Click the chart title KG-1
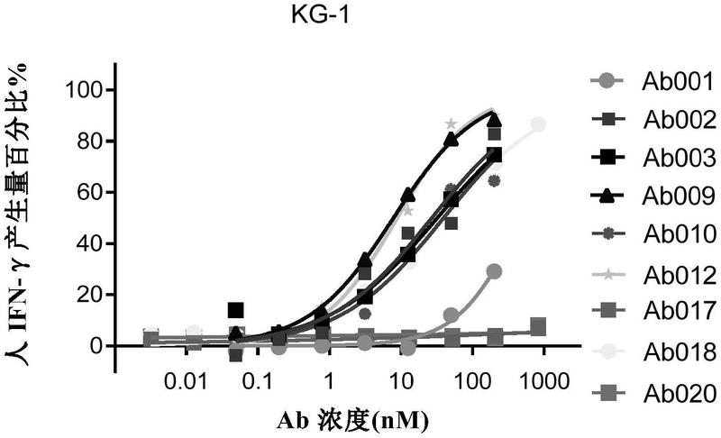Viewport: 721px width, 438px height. [320, 15]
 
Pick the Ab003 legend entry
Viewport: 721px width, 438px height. [653, 158]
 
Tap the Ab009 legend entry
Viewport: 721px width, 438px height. [653, 196]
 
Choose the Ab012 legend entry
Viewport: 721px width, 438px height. [653, 275]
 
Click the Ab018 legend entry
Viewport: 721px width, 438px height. [653, 352]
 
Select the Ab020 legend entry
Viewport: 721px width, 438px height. [653, 394]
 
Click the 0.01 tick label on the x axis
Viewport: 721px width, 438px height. [187, 381]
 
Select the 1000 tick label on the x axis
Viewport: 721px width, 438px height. [544, 381]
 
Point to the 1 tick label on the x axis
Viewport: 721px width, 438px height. [329, 381]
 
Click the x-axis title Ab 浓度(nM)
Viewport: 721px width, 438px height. [352, 419]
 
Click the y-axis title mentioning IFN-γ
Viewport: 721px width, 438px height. [16, 214]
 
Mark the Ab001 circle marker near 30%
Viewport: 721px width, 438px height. [494, 271]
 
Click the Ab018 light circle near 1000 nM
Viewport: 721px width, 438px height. [538, 124]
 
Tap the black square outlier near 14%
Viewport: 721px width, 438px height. [235, 310]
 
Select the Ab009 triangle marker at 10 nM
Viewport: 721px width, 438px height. [408, 195]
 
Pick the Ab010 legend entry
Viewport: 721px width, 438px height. [653, 234]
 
